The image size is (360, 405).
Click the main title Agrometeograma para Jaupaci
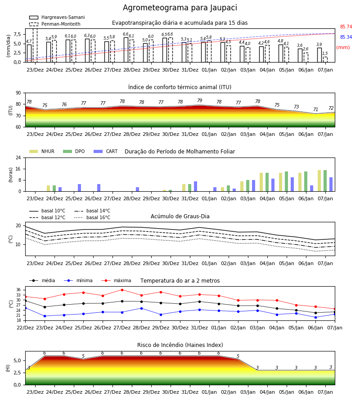[x=180, y=8]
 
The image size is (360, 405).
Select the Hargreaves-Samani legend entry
[x=57, y=17]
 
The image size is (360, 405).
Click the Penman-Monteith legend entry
[x=55, y=24]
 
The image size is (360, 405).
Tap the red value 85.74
[x=346, y=27]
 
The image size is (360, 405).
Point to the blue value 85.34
[x=346, y=37]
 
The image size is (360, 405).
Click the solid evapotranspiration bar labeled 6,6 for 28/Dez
[x=126, y=50]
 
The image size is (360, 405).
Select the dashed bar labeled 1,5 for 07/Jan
[x=325, y=60]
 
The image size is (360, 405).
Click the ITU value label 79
[x=200, y=100]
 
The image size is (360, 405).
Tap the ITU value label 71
[x=315, y=109]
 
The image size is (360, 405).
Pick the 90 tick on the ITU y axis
[x=18, y=93]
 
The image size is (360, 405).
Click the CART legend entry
[x=106, y=151]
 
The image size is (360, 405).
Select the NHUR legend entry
[x=42, y=151]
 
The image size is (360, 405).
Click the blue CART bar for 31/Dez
[x=195, y=186]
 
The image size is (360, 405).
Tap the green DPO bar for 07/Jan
[x=325, y=181]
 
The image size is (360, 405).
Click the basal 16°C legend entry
[x=92, y=217]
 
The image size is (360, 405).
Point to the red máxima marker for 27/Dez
[x=122, y=290]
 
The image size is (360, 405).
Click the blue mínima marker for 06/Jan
[x=315, y=317]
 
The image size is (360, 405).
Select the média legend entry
[x=42, y=280]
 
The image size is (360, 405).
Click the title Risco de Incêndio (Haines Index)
[x=180, y=345]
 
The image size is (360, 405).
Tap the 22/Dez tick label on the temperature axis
[x=25, y=328]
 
